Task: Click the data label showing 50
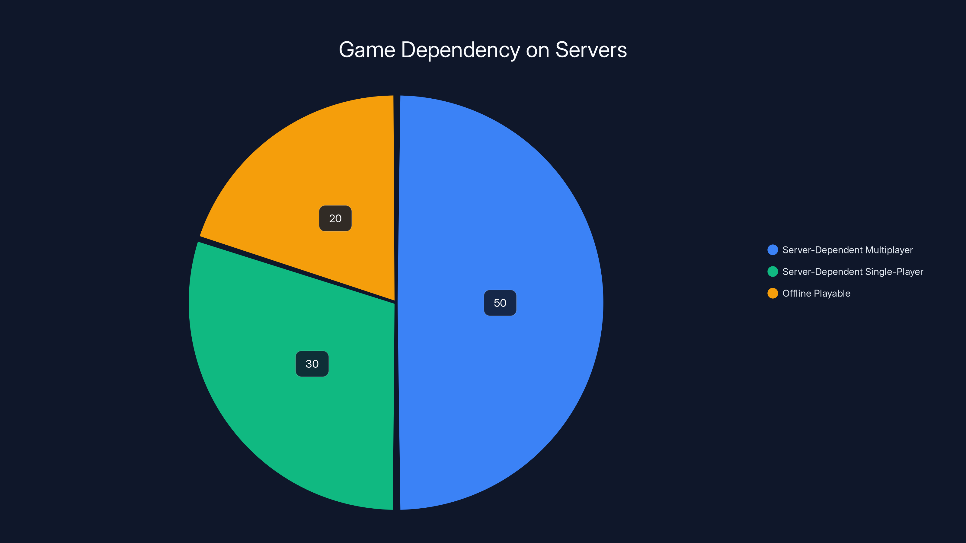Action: point(500,303)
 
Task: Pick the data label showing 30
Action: point(312,364)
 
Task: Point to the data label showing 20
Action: point(335,218)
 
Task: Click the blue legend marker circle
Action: point(772,250)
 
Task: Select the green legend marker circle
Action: point(772,272)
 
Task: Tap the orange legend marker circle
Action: point(772,294)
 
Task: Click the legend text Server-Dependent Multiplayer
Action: point(847,250)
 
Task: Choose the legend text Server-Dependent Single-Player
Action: point(852,272)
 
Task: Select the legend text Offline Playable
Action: point(816,294)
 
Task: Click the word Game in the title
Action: point(367,50)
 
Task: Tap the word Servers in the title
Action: point(591,50)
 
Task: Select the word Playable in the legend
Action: point(832,294)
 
